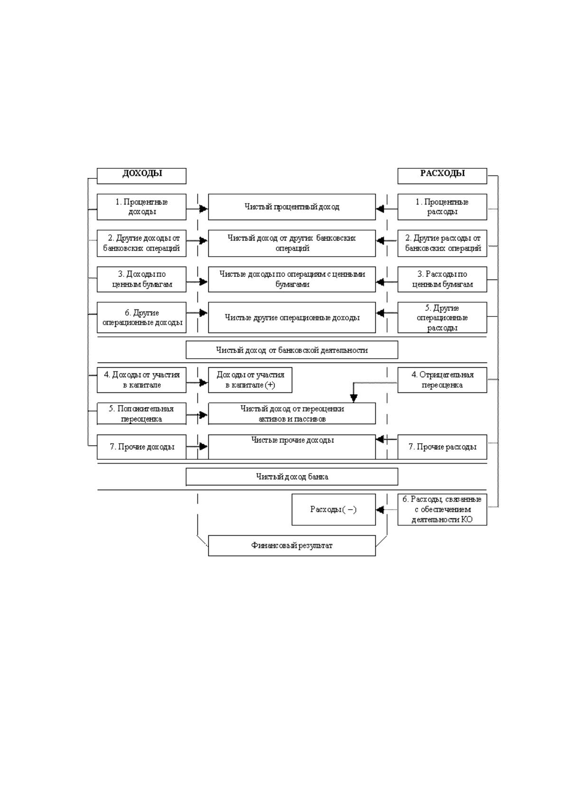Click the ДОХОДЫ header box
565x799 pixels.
pyautogui.click(x=142, y=176)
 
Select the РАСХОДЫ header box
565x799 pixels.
pyautogui.click(x=442, y=176)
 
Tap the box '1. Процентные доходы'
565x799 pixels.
pyautogui.click(x=142, y=207)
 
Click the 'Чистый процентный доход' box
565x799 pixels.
pyautogui.click(x=292, y=207)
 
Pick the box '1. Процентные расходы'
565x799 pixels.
pyautogui.click(x=442, y=207)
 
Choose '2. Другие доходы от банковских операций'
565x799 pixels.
pyautogui.click(x=142, y=243)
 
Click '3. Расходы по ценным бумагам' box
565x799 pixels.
pyautogui.click(x=442, y=279)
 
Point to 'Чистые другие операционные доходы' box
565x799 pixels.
pyautogui.click(x=292, y=317)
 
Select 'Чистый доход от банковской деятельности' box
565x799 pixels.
pyautogui.click(x=292, y=350)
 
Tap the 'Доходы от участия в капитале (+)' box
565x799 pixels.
pyautogui.click(x=250, y=380)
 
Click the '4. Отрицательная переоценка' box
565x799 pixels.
pyautogui.click(x=442, y=380)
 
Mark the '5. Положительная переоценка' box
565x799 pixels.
pyautogui.click(x=142, y=414)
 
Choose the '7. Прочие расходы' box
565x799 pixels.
pyautogui.click(x=442, y=447)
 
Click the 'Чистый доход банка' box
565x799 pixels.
pyautogui.click(x=292, y=476)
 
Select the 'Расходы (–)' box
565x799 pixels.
pyautogui.click(x=333, y=510)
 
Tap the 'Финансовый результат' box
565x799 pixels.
pyautogui.click(x=292, y=545)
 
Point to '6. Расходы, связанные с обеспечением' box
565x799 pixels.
pyautogui.click(x=442, y=510)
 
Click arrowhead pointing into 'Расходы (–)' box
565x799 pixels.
pyautogui.click(x=380, y=510)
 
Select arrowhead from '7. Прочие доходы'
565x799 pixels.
pyautogui.click(x=204, y=446)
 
